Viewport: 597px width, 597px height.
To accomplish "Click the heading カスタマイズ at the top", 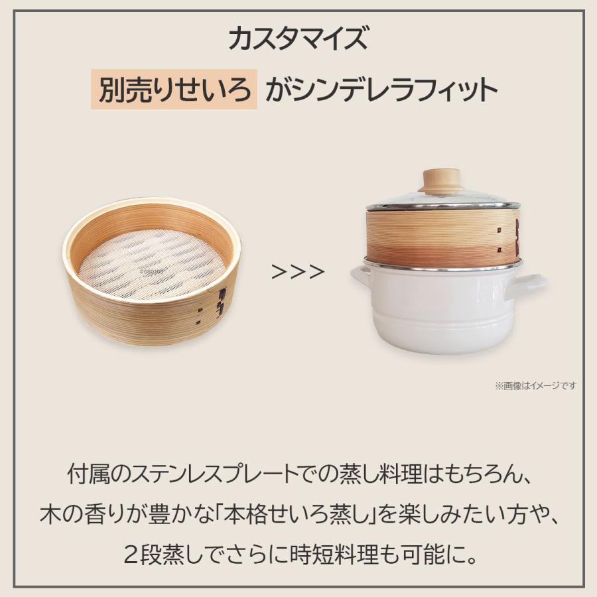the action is tap(298, 38).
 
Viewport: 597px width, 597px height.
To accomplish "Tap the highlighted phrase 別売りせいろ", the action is tap(174, 90).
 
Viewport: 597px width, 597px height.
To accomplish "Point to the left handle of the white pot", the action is tap(360, 275).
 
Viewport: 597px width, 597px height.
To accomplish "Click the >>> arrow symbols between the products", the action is tap(298, 272).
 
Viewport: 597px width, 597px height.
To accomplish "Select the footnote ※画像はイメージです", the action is tap(536, 385).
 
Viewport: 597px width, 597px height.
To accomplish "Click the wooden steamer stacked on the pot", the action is tap(442, 236).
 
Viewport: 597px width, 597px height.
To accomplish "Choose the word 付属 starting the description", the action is tap(89, 475).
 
